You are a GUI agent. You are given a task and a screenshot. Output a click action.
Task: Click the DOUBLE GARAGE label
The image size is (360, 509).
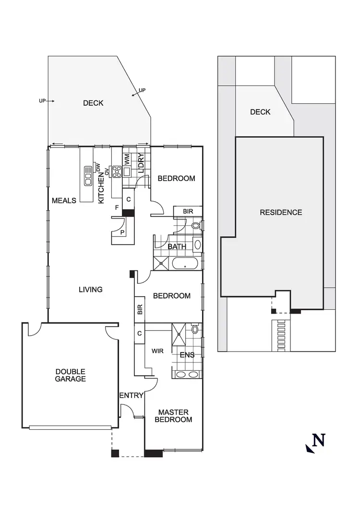70,375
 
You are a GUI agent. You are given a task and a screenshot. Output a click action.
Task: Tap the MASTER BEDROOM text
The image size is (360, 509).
173,416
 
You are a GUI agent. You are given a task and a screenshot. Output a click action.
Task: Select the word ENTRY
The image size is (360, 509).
131,396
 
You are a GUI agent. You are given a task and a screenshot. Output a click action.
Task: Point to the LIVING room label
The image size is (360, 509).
91,290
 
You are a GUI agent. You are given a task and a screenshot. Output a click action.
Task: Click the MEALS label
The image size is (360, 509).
64,200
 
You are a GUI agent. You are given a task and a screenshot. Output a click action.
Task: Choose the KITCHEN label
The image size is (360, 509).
101,189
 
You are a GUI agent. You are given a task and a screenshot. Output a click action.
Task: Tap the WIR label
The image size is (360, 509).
158,351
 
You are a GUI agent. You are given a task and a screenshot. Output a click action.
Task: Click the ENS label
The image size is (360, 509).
187,355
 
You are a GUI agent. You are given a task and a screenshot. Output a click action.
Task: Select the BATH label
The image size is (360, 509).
177,247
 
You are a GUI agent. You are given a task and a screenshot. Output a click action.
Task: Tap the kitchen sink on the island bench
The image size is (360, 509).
88,176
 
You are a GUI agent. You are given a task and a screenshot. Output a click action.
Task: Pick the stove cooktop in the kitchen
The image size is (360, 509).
116,171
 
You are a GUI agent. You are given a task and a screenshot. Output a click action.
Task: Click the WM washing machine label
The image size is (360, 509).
127,159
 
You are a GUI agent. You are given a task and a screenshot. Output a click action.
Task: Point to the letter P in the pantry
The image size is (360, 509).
123,232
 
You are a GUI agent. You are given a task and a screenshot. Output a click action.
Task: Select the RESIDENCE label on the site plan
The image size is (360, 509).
281,212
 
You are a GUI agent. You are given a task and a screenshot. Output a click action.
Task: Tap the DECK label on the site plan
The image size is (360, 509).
260,112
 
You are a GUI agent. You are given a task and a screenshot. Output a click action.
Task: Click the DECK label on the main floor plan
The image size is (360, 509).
93,103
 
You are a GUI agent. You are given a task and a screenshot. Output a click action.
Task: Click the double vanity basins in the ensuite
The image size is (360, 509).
187,375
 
